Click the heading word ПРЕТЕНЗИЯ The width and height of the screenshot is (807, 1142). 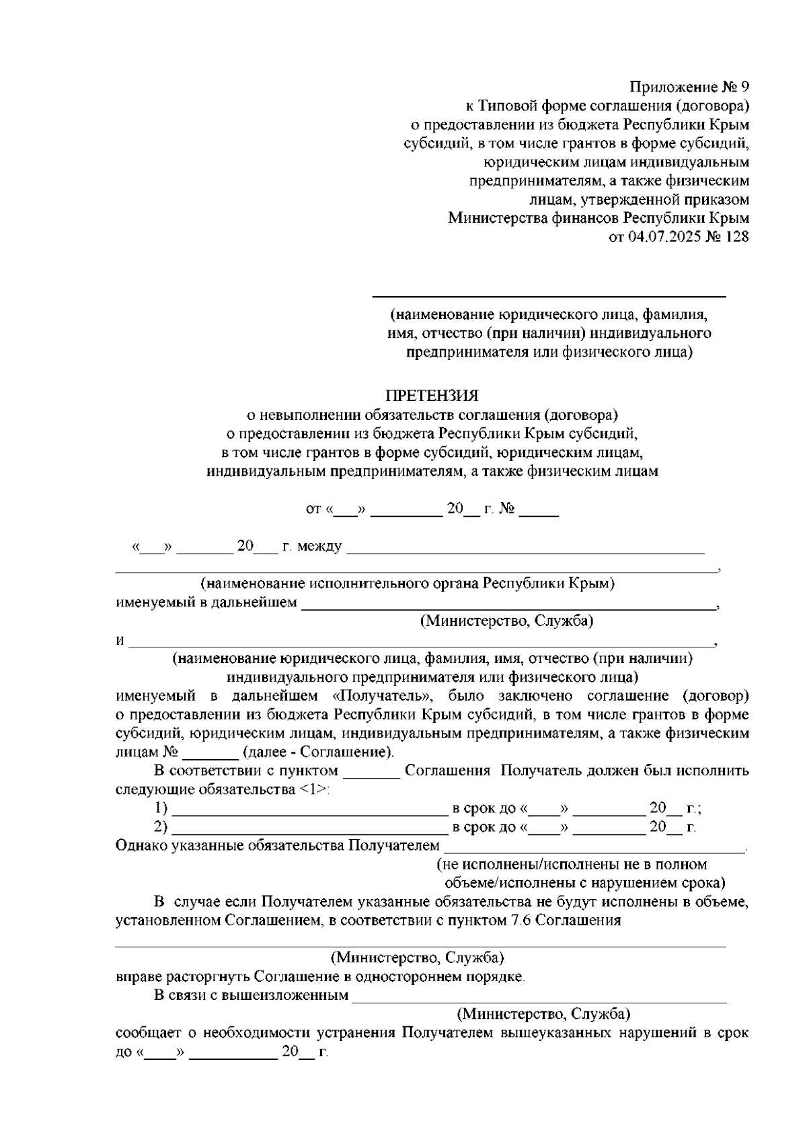[x=432, y=395]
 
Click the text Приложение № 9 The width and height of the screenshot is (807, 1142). [x=689, y=87]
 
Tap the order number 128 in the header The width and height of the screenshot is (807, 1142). [x=736, y=237]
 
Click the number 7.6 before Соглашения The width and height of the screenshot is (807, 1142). [x=514, y=921]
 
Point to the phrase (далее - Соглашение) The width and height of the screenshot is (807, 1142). [x=319, y=752]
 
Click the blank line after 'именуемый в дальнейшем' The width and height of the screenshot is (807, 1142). [x=508, y=608]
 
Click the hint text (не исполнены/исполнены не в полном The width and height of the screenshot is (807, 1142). [x=572, y=864]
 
